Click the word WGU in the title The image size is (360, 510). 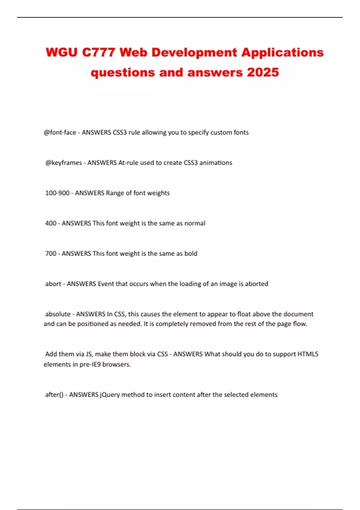point(61,53)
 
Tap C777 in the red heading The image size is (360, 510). point(98,53)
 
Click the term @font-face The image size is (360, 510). point(60,133)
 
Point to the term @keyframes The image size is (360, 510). point(64,163)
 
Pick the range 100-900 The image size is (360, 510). point(57,193)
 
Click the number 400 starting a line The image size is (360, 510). point(51,223)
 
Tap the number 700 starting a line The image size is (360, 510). point(51,254)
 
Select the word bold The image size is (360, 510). point(191,254)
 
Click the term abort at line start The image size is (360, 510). point(53,284)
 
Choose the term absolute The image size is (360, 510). point(58,314)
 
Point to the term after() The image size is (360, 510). point(54,395)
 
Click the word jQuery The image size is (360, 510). point(109,395)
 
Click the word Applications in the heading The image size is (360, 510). point(283,53)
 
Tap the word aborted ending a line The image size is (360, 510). point(256,284)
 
